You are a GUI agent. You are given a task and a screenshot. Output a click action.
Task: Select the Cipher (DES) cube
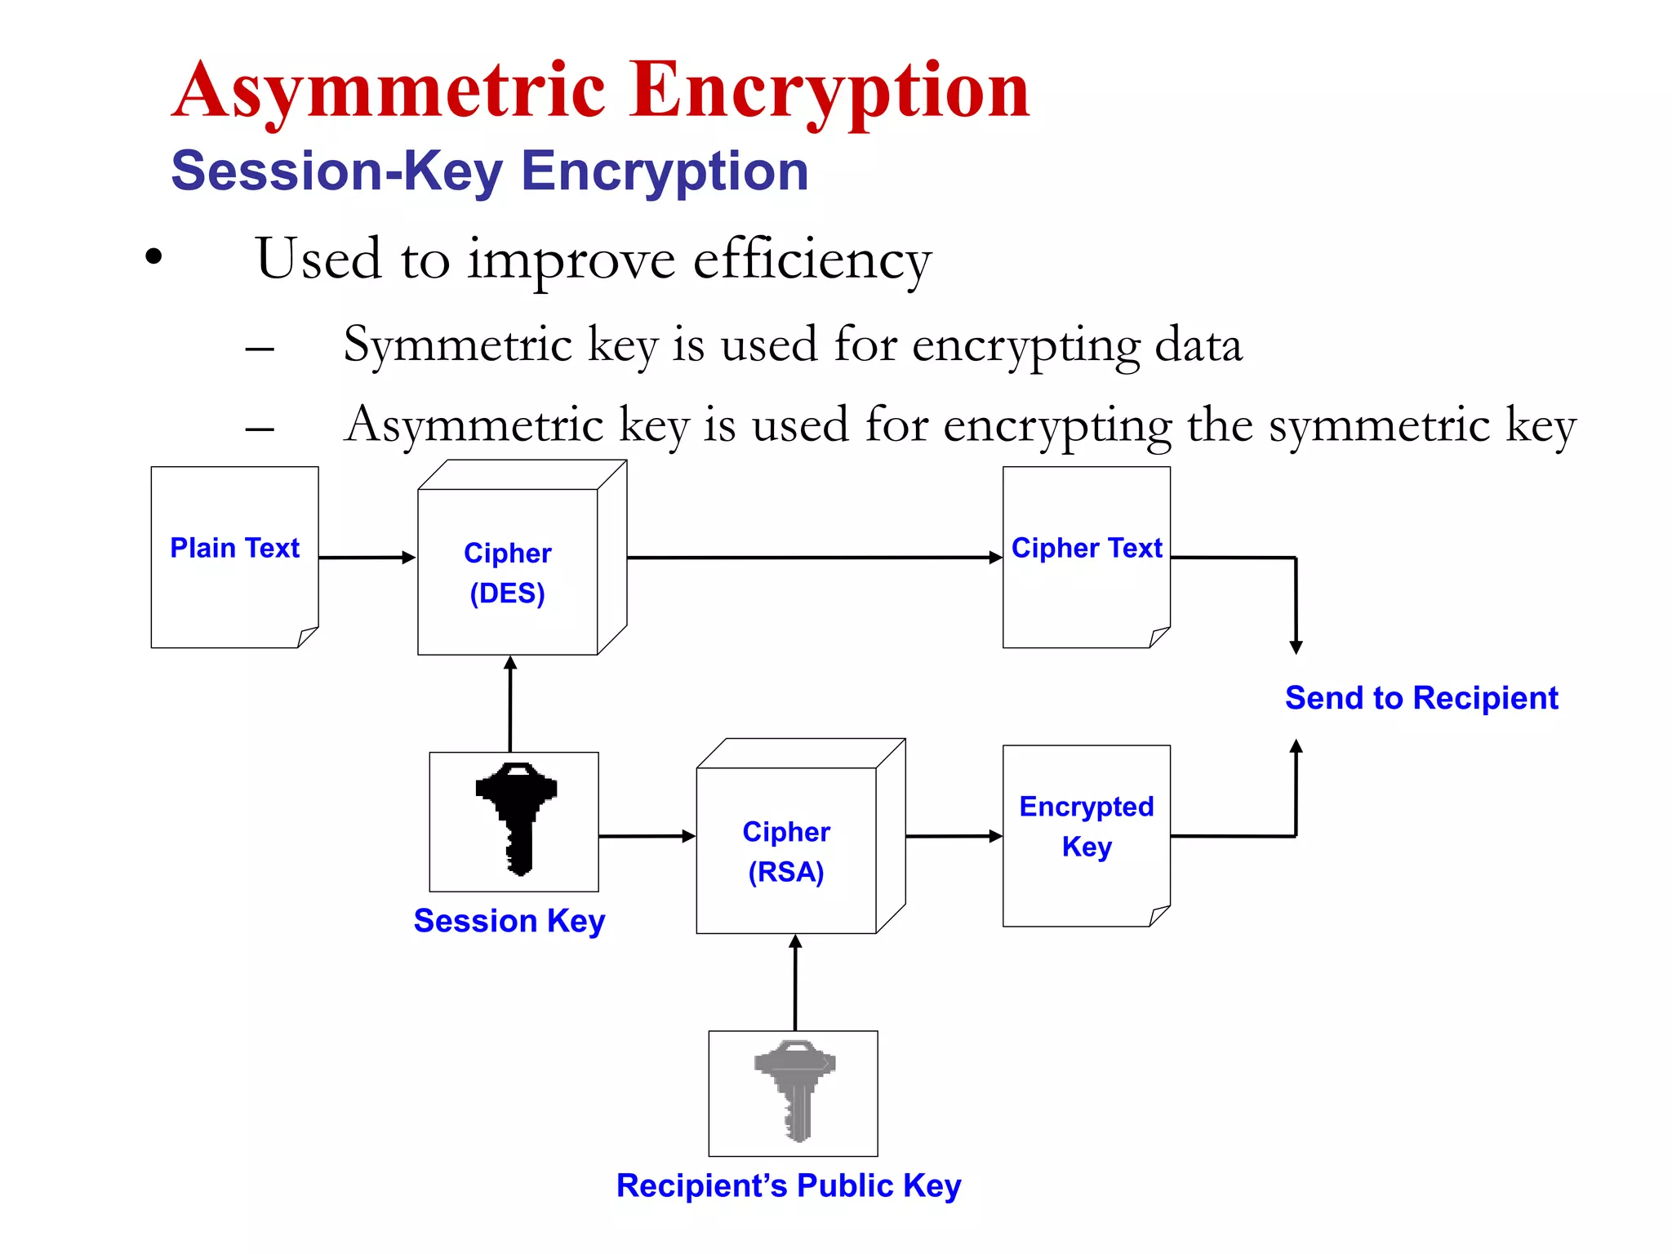[x=508, y=571]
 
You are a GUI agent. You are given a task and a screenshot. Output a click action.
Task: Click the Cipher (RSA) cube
[x=786, y=850]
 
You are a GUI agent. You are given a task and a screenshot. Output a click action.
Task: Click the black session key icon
[x=516, y=818]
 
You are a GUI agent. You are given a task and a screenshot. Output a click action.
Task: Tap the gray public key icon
[x=794, y=1090]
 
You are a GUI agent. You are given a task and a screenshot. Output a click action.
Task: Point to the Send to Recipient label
[x=1421, y=698]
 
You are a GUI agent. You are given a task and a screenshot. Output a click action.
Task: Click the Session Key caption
[x=509, y=921]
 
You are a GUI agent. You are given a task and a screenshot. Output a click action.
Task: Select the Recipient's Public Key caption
[x=788, y=1185]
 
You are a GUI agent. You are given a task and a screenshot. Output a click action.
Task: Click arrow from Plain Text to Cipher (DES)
[x=367, y=558]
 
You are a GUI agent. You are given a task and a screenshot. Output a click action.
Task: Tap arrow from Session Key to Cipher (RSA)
[x=647, y=836]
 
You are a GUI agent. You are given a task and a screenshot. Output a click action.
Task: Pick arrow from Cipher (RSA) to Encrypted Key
[x=954, y=836]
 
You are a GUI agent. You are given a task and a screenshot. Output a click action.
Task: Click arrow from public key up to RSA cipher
[x=795, y=983]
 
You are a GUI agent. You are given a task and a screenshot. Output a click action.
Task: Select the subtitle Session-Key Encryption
[x=489, y=171]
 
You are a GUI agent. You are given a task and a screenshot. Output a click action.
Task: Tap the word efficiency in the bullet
[x=812, y=260]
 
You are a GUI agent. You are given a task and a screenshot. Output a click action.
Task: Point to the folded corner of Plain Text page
[x=307, y=636]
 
